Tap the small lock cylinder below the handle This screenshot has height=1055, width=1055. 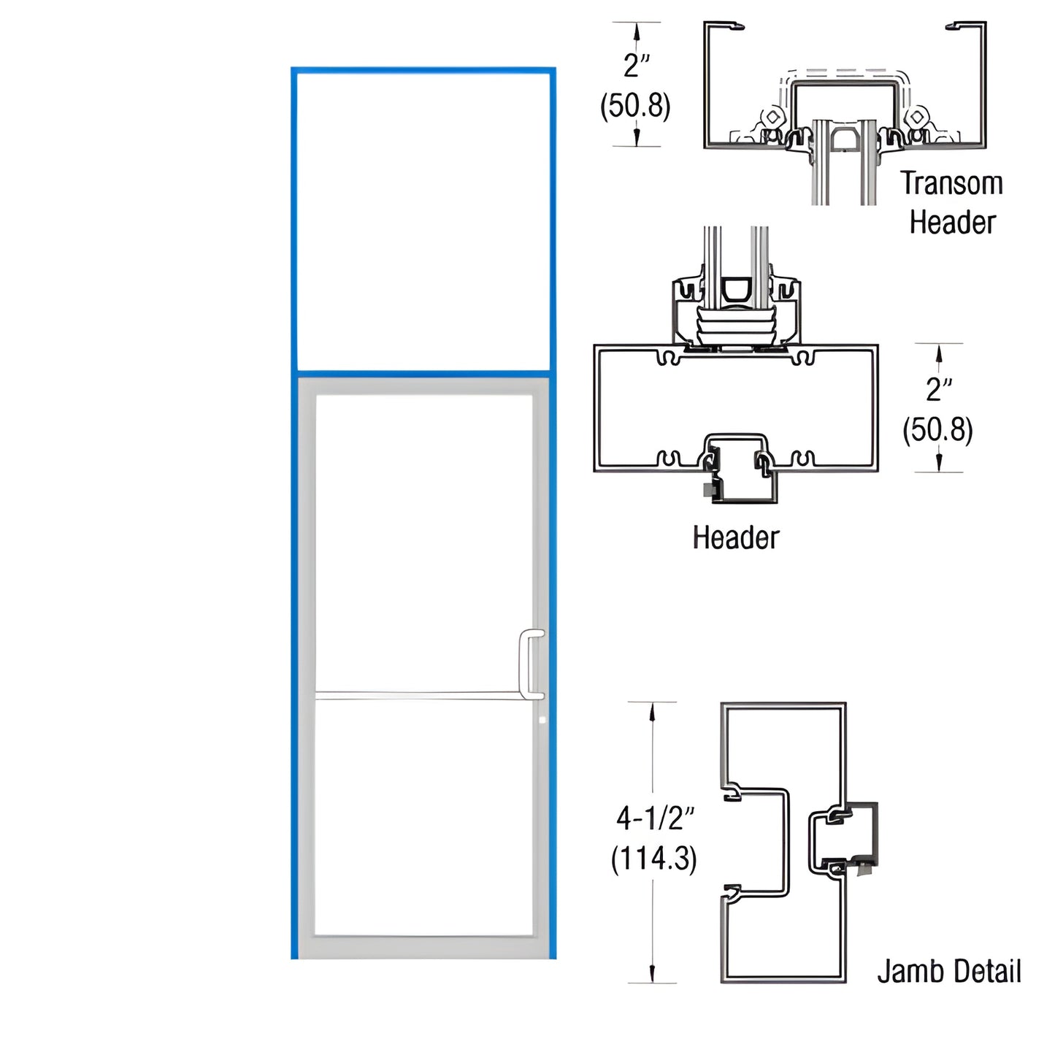[542, 721]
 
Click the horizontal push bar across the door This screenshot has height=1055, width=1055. [423, 695]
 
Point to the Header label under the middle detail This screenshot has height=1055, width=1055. [735, 538]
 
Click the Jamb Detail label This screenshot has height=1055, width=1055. [948, 972]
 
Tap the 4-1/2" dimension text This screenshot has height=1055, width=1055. [655, 818]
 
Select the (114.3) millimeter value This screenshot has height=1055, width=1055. [653, 858]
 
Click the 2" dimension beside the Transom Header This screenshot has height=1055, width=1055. [636, 66]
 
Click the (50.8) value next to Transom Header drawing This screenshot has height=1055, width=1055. [635, 106]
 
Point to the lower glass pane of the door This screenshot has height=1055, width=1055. [423, 818]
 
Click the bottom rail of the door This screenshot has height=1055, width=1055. [423, 947]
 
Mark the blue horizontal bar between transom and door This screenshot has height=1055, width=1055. [423, 374]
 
